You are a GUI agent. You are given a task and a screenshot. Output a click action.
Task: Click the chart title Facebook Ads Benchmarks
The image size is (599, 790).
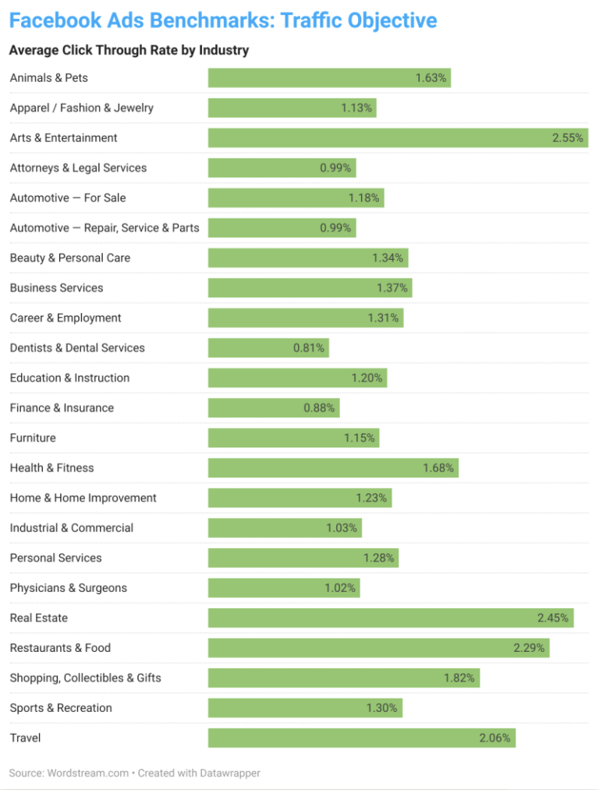coord(222,20)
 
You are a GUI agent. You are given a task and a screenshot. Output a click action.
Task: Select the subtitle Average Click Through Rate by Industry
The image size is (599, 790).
coord(129,51)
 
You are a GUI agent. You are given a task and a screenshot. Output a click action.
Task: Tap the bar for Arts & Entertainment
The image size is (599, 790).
coord(398,138)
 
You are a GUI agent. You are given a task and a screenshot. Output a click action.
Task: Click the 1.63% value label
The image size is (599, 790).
coord(431,78)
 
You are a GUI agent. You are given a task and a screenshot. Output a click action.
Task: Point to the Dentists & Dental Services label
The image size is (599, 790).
coord(77,348)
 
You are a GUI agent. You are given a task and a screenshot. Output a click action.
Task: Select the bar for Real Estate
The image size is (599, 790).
coord(390,618)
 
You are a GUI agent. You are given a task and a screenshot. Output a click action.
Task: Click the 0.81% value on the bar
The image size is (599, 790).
coord(309,348)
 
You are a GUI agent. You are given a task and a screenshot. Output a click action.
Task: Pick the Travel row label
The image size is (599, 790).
coord(25,738)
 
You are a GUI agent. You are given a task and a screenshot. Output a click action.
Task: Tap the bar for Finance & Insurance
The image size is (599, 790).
coord(273,408)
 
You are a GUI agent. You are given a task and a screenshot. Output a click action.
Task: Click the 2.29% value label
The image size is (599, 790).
coord(529,648)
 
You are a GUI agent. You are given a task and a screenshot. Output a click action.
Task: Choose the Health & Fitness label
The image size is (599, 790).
coord(51,468)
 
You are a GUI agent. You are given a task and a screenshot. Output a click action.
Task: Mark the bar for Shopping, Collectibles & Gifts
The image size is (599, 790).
coord(343,678)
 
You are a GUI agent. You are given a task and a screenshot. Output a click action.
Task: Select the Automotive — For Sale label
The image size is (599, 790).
coord(68,198)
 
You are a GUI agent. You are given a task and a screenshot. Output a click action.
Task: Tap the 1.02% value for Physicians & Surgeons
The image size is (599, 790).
coord(340,588)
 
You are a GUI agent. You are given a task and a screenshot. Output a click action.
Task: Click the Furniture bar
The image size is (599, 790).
coord(292,438)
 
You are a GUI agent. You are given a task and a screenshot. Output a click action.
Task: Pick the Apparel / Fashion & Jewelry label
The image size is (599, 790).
coord(82,108)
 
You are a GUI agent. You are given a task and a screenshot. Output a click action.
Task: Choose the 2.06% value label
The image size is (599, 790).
coord(495,738)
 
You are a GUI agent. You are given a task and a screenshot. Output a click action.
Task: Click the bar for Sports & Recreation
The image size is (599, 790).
coord(304,708)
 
